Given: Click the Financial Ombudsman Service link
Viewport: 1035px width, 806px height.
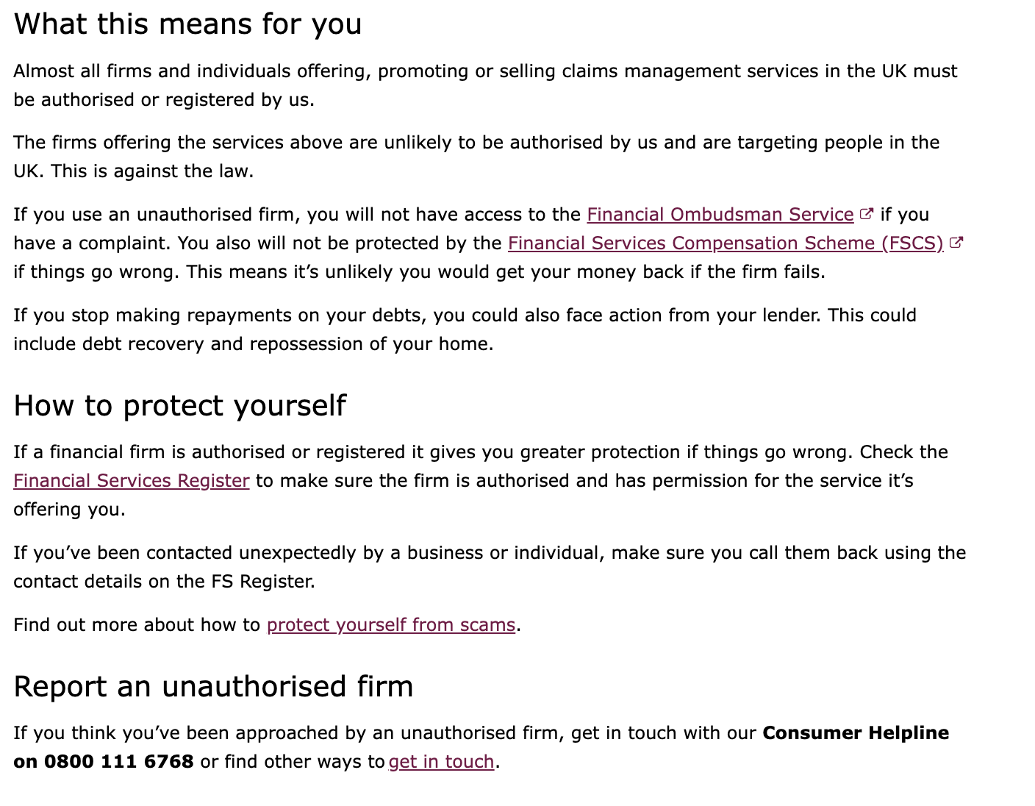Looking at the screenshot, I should coord(720,215).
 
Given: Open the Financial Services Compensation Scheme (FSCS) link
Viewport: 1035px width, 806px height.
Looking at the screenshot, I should coord(725,243).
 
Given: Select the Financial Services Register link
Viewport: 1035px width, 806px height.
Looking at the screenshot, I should coord(132,481).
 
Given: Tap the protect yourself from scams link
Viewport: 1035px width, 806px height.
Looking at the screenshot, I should coord(390,625).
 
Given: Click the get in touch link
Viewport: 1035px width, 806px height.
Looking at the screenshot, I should coord(441,762).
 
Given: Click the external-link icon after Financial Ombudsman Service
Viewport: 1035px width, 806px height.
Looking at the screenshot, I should coord(867,214).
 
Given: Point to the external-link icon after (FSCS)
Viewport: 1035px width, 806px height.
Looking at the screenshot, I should coord(956,243).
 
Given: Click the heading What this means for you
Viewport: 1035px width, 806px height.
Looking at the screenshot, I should coord(187,24).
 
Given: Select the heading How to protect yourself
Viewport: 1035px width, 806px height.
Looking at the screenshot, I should coord(179,406).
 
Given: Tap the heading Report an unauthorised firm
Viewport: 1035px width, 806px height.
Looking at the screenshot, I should coord(213,687).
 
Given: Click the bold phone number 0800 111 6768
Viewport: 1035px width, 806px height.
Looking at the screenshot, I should coord(119,762).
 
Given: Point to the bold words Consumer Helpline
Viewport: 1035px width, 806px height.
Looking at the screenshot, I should coord(856,733).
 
